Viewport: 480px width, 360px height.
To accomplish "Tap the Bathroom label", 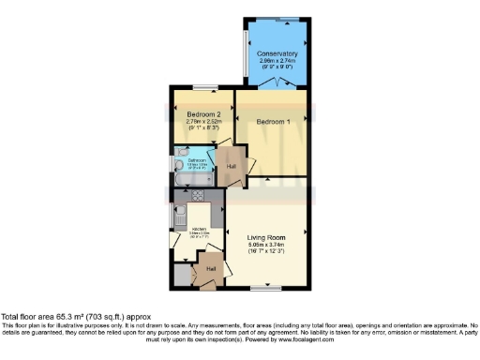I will click(x=197, y=159).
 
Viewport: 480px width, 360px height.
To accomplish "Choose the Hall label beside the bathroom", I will click(x=231, y=166).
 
